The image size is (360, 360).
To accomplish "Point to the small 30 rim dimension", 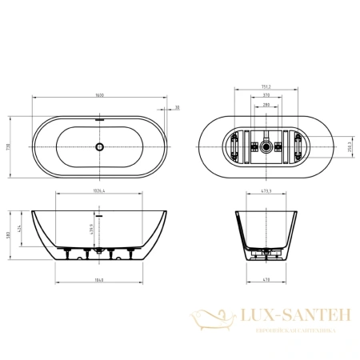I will pos(176,107).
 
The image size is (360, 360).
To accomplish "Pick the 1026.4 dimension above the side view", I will pos(99,192).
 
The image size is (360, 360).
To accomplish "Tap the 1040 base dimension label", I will pos(100,282).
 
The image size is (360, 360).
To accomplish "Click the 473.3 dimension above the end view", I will pos(265,192).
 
